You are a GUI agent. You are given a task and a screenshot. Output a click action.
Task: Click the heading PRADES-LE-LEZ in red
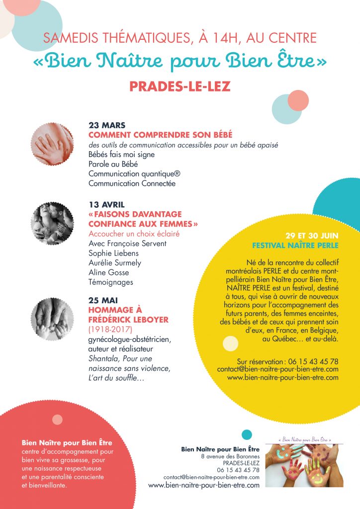(180, 86)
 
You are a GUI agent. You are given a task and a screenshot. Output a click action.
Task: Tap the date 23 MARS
(106, 125)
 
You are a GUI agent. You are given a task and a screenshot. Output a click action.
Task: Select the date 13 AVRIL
(106, 205)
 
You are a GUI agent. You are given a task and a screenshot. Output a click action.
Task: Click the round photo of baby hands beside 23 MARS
(52, 144)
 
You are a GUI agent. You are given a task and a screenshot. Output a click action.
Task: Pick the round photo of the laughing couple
(52, 223)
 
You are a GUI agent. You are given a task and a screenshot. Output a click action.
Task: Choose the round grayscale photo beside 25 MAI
(52, 319)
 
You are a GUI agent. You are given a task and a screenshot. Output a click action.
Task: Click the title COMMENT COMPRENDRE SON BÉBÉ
(160, 135)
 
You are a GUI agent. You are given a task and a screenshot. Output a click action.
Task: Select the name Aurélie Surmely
(114, 262)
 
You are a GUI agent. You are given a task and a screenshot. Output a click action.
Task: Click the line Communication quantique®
(131, 173)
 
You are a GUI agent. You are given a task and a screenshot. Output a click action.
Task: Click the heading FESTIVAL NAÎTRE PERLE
(295, 246)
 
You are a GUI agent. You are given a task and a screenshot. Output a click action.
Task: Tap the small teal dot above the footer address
(247, 435)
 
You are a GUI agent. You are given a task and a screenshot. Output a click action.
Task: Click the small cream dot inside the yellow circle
(230, 343)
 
